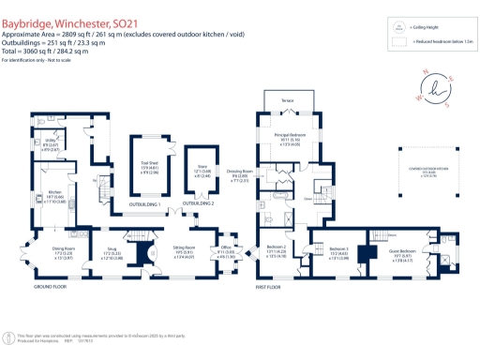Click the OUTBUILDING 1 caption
click(x=145, y=203)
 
